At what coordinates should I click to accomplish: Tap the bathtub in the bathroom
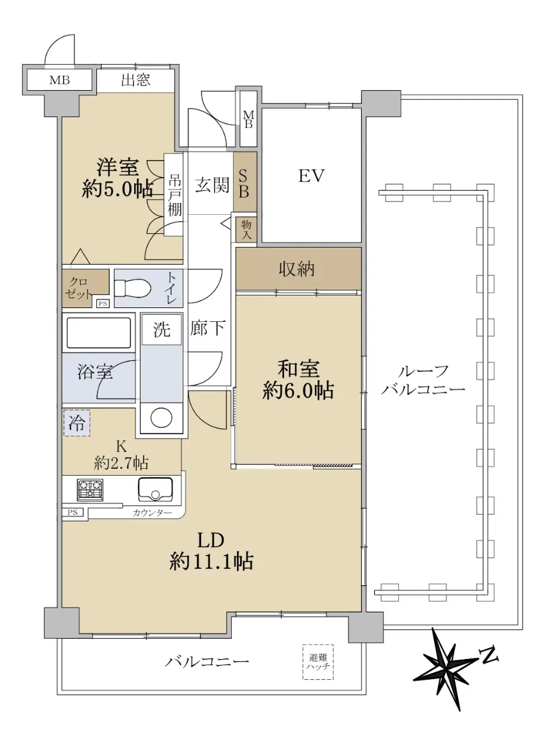[x=98, y=333]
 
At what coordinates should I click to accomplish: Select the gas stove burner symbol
[x=89, y=490]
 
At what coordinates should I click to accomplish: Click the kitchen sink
[x=155, y=490]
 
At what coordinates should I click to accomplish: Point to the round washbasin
[x=161, y=418]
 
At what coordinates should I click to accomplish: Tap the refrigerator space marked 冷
[x=77, y=423]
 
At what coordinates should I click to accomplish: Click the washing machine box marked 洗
[x=162, y=329]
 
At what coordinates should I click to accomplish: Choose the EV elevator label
[x=311, y=176]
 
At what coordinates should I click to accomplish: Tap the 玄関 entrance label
[x=212, y=185]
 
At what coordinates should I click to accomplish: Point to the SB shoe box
[x=245, y=183]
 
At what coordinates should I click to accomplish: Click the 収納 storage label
[x=296, y=269]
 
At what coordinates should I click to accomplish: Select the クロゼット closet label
[x=78, y=289]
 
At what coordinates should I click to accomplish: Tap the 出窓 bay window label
[x=135, y=80]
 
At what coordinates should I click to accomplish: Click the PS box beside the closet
[x=103, y=304]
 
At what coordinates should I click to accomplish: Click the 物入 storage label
[x=246, y=229]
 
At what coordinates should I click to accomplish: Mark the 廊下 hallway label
[x=207, y=328]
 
